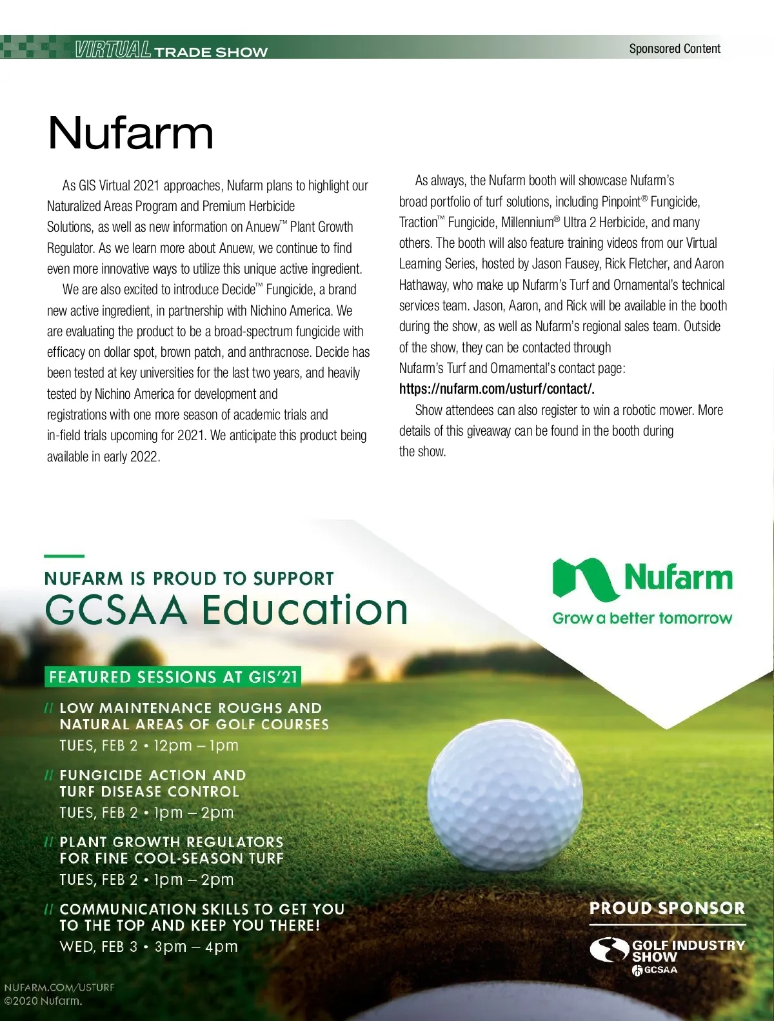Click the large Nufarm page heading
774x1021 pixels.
tap(130, 133)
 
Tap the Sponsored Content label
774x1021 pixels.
tap(675, 48)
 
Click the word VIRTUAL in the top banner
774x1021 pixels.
tap(112, 50)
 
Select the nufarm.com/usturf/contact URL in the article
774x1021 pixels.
tap(496, 389)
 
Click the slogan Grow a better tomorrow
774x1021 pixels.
tap(642, 618)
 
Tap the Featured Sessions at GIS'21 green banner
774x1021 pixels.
tap(173, 677)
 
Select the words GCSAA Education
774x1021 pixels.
tap(226, 609)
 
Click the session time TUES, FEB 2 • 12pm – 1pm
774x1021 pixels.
tap(149, 745)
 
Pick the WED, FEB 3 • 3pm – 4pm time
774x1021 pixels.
tap(149, 947)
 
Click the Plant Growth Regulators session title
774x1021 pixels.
tap(172, 850)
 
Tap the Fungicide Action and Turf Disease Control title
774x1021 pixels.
tap(152, 783)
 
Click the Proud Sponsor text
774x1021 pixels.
tap(667, 908)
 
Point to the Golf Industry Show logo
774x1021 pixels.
tap(667, 954)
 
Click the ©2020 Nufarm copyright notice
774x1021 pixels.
tap(43, 1002)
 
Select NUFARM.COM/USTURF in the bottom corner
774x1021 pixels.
tap(59, 987)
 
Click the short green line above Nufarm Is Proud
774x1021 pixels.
tap(64, 556)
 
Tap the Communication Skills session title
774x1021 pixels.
tap(202, 917)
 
